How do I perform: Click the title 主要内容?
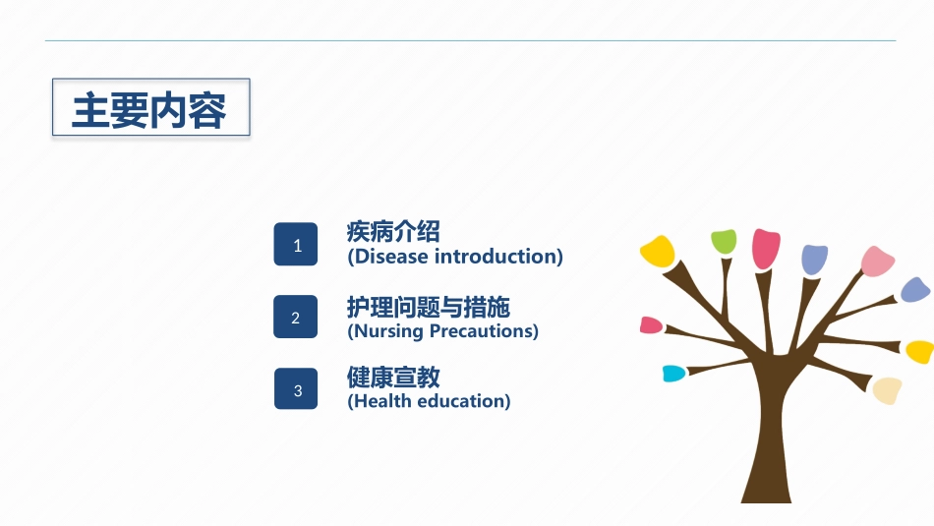click(x=148, y=111)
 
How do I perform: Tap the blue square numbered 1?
click(x=296, y=244)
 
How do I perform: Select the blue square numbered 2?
click(x=296, y=317)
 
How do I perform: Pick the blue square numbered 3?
click(x=296, y=389)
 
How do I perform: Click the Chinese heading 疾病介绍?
click(x=393, y=231)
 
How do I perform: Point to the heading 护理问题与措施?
click(x=429, y=307)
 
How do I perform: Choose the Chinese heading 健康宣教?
click(x=393, y=378)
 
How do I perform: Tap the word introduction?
click(x=496, y=257)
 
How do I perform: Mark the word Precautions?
click(x=482, y=331)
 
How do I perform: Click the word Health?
click(x=383, y=401)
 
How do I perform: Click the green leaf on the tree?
click(x=724, y=241)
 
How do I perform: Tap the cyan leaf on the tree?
click(x=673, y=374)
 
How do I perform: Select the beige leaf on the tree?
click(x=887, y=390)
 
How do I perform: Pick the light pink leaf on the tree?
click(x=877, y=262)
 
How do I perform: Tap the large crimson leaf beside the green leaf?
click(x=766, y=249)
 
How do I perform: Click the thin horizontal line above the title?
click(x=471, y=40)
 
